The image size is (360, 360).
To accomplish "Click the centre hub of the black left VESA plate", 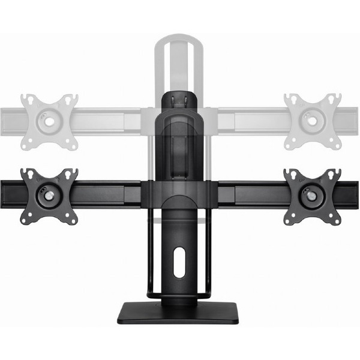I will tap(48, 196).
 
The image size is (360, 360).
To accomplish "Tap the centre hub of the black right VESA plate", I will tap(311, 196).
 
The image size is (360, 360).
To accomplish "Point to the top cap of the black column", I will tap(179, 97).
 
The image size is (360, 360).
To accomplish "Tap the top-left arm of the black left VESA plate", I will tap(26, 175).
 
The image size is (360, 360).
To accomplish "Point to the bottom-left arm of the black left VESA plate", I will tap(26, 218).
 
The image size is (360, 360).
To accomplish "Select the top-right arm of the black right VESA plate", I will tap(334, 174).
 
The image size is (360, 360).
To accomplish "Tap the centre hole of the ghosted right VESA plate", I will tap(311, 121).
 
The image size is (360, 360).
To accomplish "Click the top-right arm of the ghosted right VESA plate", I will tap(335, 98).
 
